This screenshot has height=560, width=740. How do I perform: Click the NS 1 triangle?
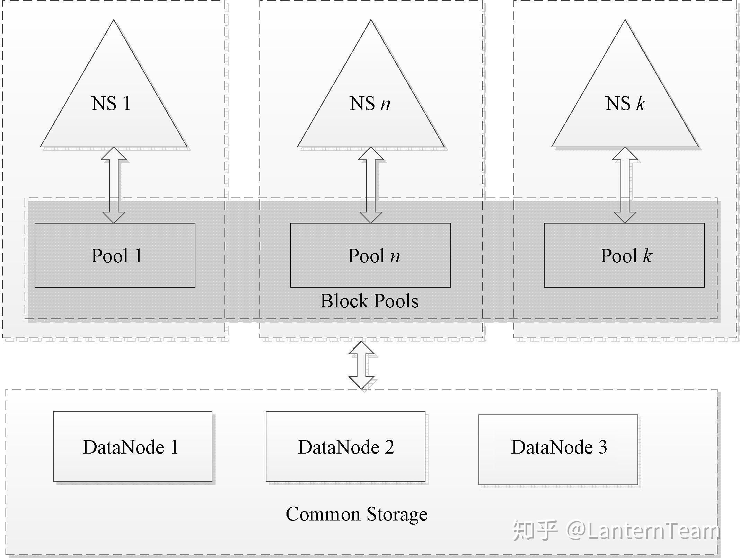114,104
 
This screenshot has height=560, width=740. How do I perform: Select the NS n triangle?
371,104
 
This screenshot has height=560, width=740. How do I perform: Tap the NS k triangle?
625,104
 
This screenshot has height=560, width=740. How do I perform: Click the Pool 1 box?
115,255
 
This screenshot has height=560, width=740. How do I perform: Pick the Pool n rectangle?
370,255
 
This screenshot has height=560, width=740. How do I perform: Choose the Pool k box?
624,255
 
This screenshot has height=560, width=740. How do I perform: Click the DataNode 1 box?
132,446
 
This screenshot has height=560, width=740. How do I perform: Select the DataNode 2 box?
345,446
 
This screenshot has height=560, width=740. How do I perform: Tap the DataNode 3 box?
558,449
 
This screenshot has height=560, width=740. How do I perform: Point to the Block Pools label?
369,301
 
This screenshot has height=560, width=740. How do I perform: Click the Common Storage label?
356,514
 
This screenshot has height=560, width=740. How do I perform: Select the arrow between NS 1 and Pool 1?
114,185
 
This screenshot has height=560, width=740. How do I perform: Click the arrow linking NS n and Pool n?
371,185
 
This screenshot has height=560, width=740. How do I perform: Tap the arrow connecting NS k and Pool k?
625,185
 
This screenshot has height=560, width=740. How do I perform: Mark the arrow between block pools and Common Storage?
361,365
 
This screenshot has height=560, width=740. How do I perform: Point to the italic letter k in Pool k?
647,256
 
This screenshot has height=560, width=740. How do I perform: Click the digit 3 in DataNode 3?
602,447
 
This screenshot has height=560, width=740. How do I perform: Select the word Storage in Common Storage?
397,514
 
